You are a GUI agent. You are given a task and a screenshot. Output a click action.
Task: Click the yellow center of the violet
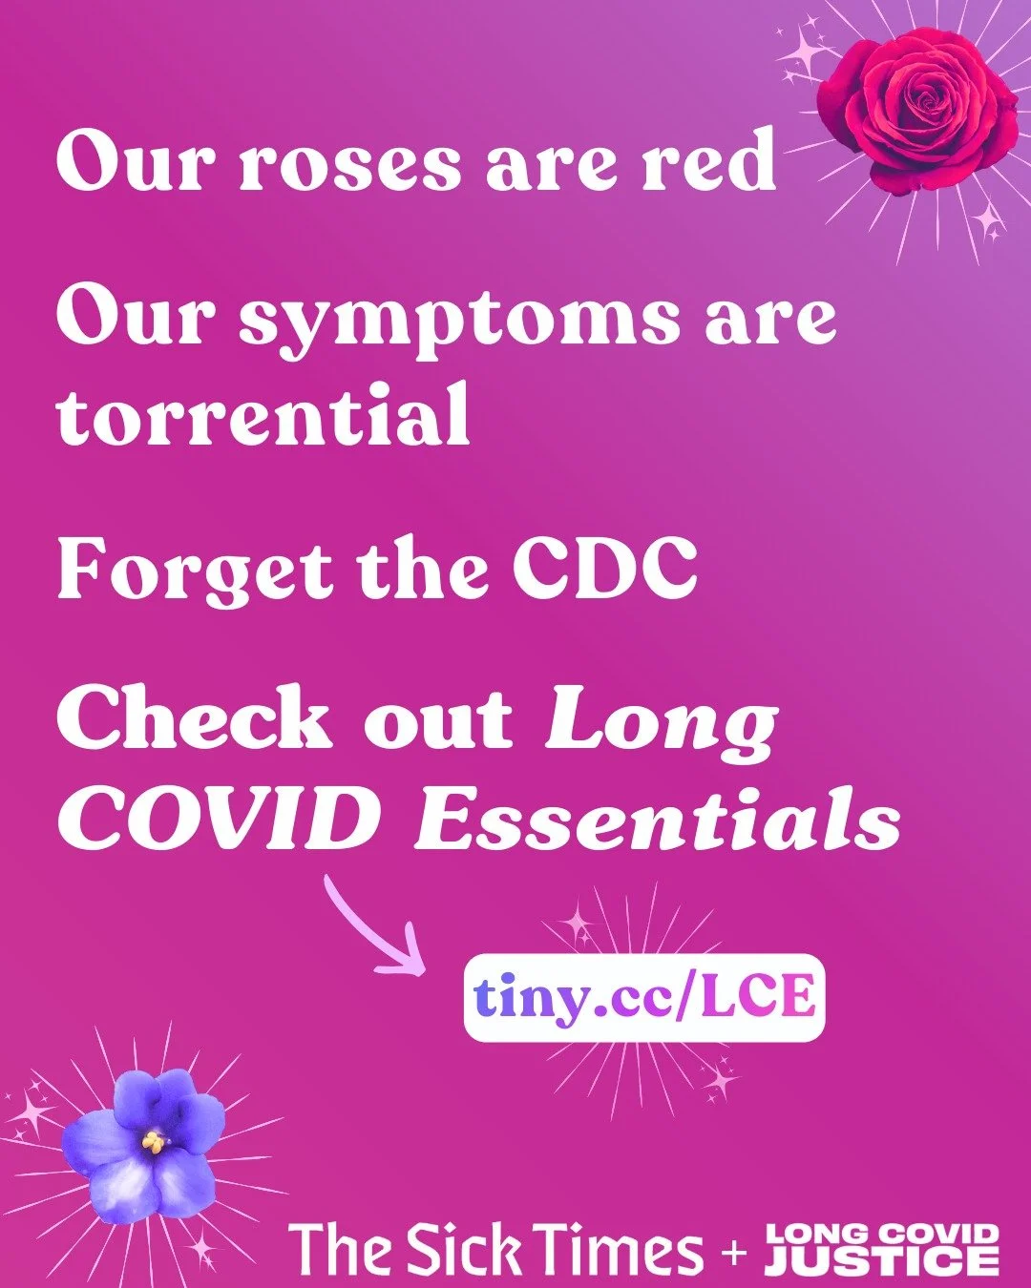click(153, 1140)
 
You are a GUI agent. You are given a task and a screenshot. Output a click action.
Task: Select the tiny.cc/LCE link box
click(644, 997)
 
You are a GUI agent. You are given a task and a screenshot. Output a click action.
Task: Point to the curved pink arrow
click(372, 930)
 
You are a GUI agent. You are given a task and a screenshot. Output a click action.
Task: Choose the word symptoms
click(458, 320)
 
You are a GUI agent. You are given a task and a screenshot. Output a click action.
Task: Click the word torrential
click(263, 415)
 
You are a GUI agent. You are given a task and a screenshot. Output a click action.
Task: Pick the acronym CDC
click(603, 569)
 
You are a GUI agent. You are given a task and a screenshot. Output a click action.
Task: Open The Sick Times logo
click(495, 1248)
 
